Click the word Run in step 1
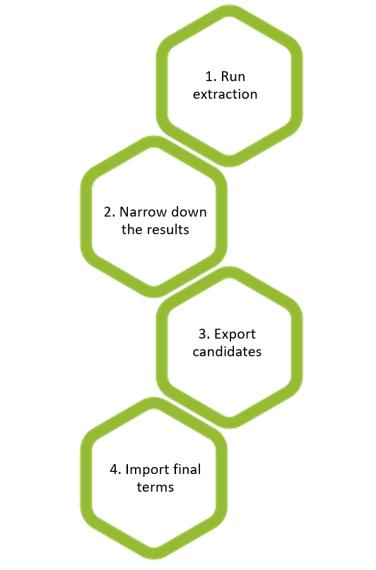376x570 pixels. coord(233,77)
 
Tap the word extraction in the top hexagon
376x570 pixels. coord(225,95)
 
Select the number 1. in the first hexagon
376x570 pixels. coord(211,77)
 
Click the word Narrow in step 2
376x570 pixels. coord(143,212)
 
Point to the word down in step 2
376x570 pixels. coord(189,212)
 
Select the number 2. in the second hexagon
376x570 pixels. coord(110,212)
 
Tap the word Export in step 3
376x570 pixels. coord(235,334)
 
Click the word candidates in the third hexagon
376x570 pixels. coord(227,352)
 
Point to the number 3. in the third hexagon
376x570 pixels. coord(204,334)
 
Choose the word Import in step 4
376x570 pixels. coord(147,470)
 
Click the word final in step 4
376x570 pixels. coord(187,469)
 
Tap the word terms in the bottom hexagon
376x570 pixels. coord(155,487)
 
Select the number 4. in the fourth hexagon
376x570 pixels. coord(115,469)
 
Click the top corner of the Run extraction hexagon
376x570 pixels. coord(229,5)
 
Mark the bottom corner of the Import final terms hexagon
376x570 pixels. coord(154,559)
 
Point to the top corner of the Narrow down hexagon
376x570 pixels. coord(154,136)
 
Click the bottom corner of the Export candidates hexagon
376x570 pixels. coord(229,428)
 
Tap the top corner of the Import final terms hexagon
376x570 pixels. coord(154,397)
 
